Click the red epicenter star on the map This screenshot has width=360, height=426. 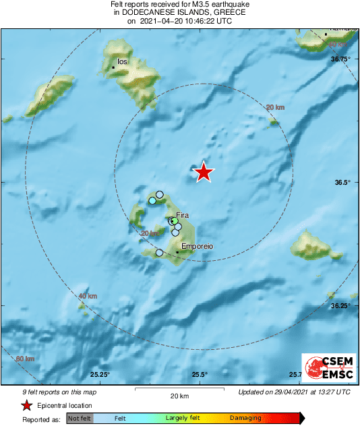pyautogui.click(x=204, y=173)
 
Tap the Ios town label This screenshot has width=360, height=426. pyautogui.click(x=122, y=61)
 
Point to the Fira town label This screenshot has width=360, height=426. pyautogui.click(x=183, y=216)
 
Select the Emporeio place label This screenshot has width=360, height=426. pyautogui.click(x=198, y=247)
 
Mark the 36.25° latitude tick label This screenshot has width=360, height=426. pyautogui.click(x=340, y=305)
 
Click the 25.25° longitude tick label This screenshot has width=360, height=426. pyautogui.click(x=100, y=375)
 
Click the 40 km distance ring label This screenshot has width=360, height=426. pyautogui.click(x=88, y=296)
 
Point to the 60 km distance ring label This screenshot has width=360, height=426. pyautogui.click(x=24, y=359)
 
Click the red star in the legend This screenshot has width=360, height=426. pyautogui.click(x=26, y=406)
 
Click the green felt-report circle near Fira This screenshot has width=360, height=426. pyautogui.click(x=174, y=220)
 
